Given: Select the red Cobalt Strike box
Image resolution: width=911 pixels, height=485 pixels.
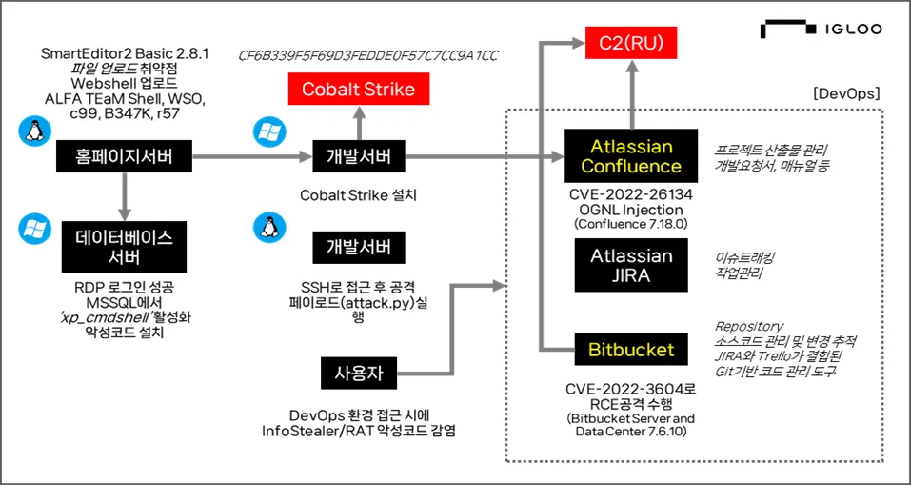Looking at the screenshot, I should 358,90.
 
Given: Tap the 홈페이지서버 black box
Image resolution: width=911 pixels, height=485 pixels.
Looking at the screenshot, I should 124,155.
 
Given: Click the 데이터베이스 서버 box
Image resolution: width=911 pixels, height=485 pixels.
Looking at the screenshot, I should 124,246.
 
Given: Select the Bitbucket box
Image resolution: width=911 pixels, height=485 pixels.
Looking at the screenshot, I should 631,351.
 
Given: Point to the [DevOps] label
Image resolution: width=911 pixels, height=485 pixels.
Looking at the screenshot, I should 845,94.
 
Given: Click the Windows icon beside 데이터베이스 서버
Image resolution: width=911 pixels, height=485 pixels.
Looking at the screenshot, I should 34,227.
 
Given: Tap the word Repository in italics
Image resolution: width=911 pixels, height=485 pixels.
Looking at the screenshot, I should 749,326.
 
